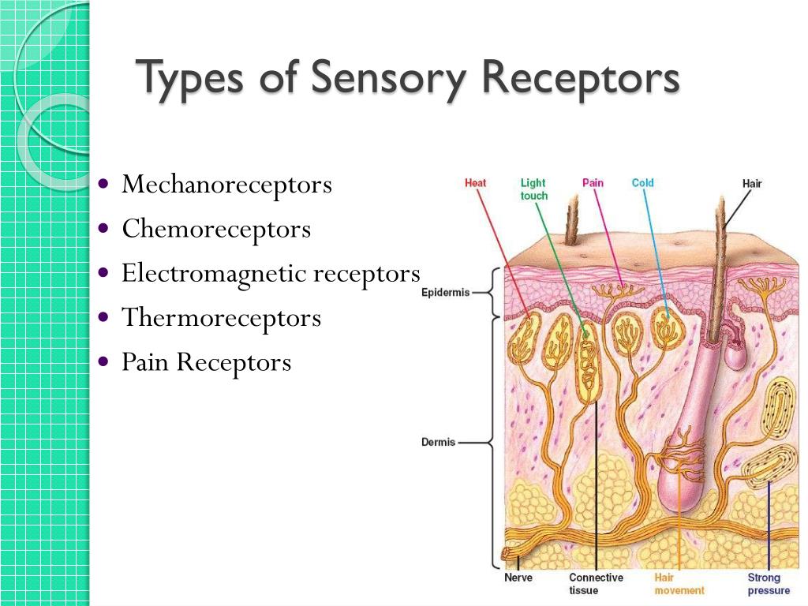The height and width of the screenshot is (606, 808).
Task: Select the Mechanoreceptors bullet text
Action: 226,185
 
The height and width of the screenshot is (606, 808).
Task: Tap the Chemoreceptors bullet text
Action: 216,230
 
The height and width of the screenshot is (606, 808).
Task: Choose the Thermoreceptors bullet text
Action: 221,318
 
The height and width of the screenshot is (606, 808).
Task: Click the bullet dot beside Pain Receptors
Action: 104,362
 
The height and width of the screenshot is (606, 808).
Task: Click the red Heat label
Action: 475,183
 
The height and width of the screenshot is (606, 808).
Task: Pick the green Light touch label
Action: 533,189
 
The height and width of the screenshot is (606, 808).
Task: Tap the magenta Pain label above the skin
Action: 593,183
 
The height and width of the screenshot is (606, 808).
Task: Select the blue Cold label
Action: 642,183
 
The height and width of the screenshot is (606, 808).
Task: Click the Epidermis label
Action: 445,293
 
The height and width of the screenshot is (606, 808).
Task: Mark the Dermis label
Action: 438,443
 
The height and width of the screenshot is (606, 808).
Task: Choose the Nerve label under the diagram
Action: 518,578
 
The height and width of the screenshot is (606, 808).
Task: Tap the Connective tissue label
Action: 596,584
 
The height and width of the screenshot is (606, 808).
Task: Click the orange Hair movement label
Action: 679,584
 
